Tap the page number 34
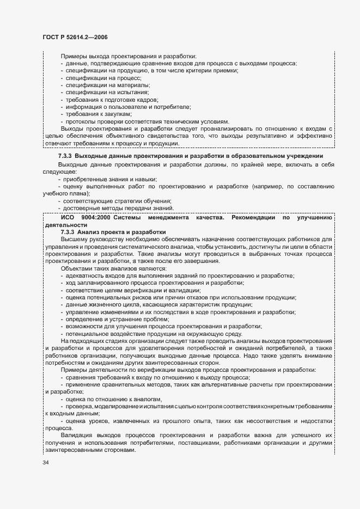[45, 462]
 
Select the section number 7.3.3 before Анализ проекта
[69, 232]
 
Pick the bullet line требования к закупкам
[98, 114]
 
